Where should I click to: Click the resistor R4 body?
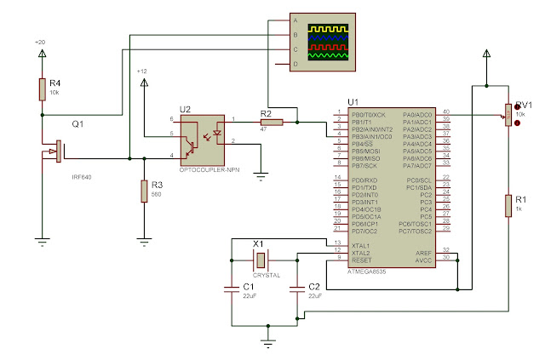(x=41, y=89)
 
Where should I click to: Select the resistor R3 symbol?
(x=144, y=191)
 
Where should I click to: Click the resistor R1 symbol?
(x=508, y=204)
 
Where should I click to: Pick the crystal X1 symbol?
(x=262, y=260)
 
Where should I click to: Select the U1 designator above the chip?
(x=341, y=100)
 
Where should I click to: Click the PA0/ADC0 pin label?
(x=416, y=114)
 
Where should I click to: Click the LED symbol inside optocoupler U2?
(x=218, y=134)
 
